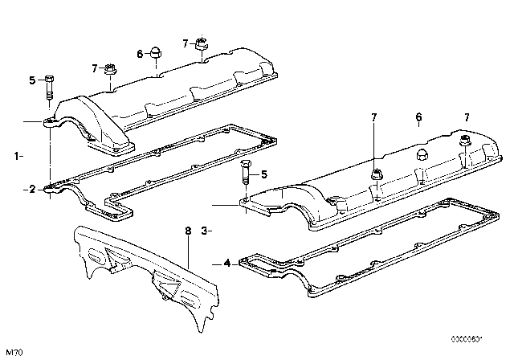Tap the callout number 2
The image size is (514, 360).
pyautogui.click(x=31, y=190)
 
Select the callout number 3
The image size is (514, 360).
pyautogui.click(x=204, y=231)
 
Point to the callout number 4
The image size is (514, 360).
pyautogui.click(x=226, y=263)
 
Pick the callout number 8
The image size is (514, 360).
pyautogui.click(x=188, y=231)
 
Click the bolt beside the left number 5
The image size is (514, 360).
pyautogui.click(x=48, y=85)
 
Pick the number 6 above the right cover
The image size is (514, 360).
pyautogui.click(x=418, y=118)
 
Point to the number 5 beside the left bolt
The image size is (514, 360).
pyautogui.click(x=32, y=80)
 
